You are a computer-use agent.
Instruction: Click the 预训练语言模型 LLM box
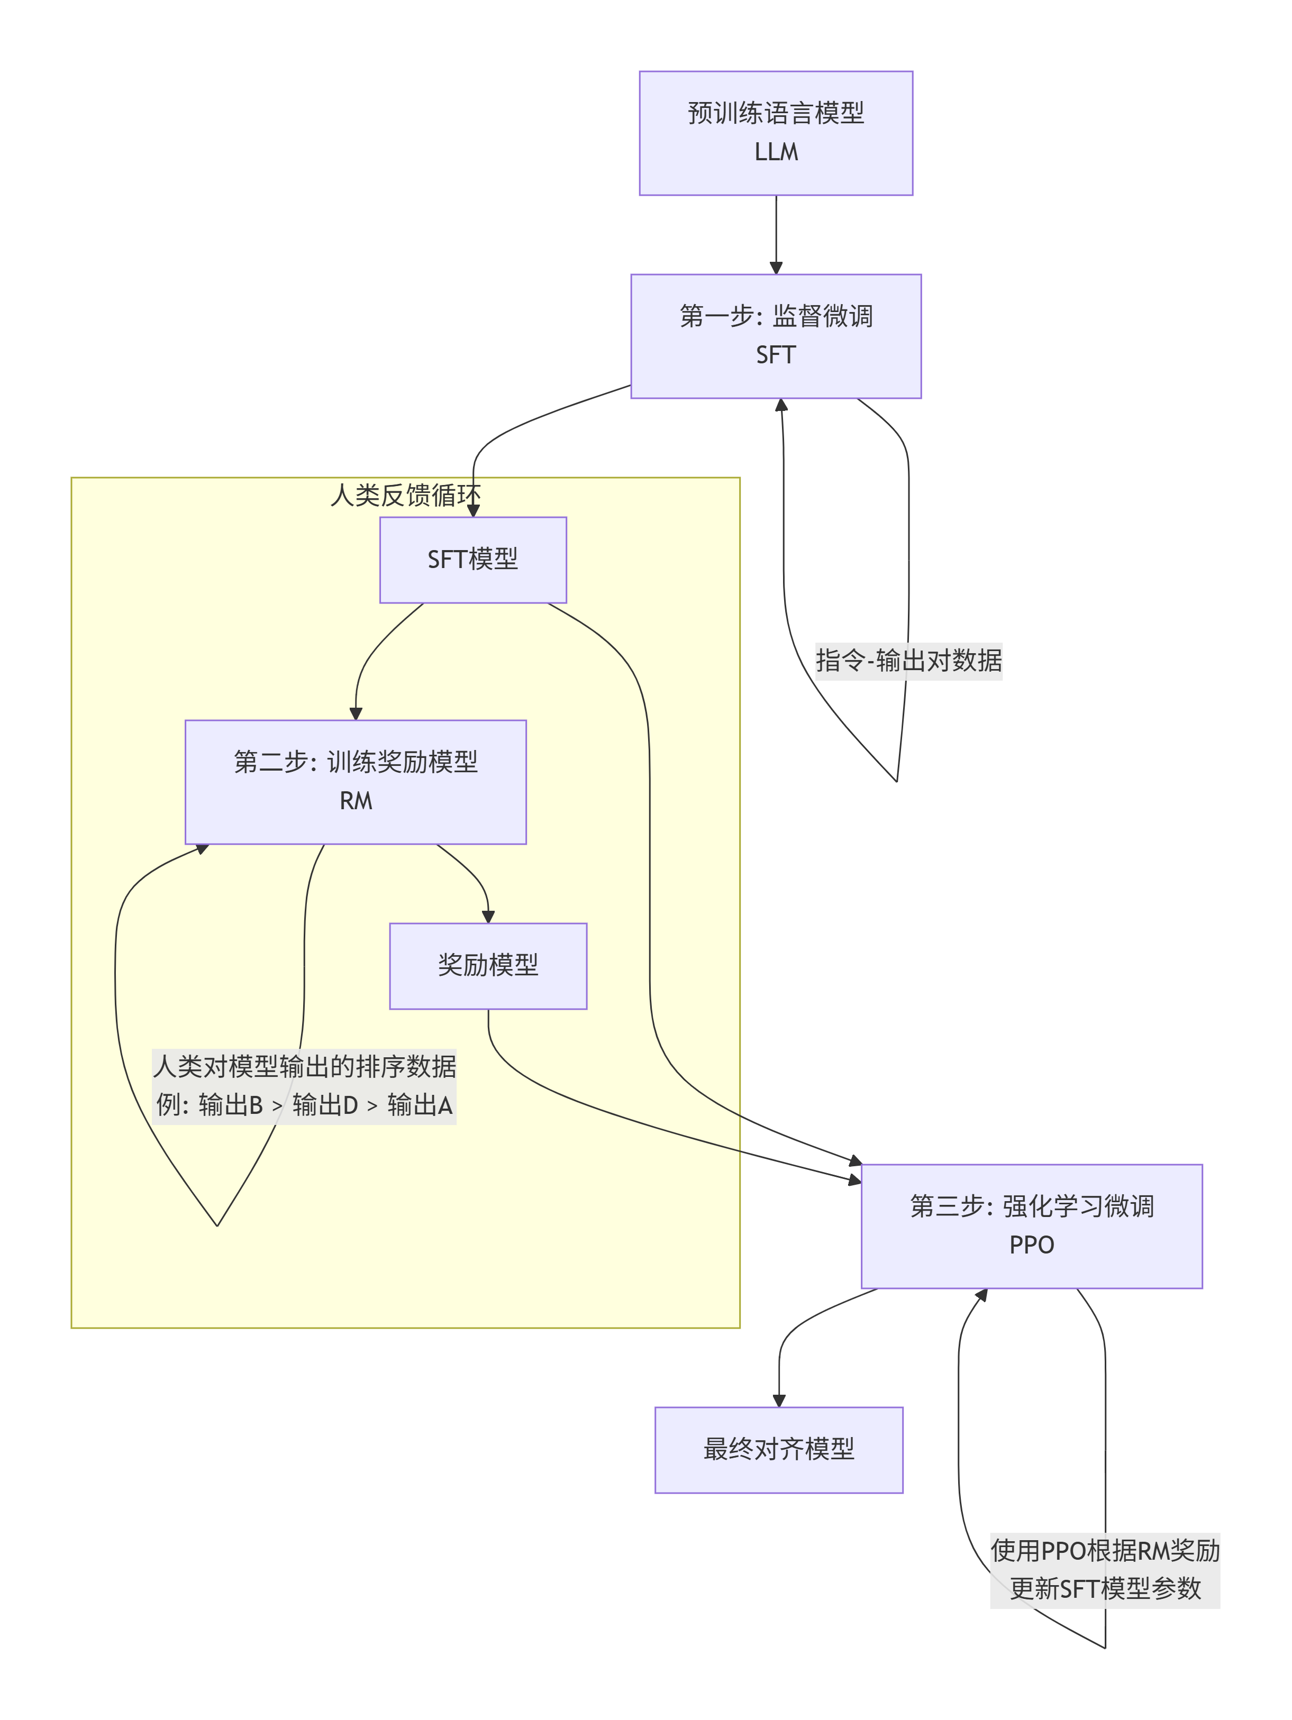coord(776,133)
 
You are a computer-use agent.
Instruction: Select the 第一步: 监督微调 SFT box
coord(776,336)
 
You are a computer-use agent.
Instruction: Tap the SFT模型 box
coord(473,560)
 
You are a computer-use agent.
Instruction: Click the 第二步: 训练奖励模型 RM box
coord(356,782)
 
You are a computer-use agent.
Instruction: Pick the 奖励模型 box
coord(488,966)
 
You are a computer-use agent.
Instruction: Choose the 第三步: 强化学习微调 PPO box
coord(1031,1225)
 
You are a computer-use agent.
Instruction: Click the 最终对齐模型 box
coord(779,1449)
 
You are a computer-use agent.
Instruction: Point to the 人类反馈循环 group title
coord(405,495)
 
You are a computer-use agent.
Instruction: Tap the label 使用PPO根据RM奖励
coord(1105,1551)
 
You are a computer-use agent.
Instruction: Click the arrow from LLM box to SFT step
coord(776,233)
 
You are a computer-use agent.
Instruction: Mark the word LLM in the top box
coord(776,152)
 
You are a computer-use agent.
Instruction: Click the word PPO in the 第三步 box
coord(1031,1246)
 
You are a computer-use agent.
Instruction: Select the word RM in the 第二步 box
coord(356,801)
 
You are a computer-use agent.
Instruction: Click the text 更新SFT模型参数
coord(1105,1589)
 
